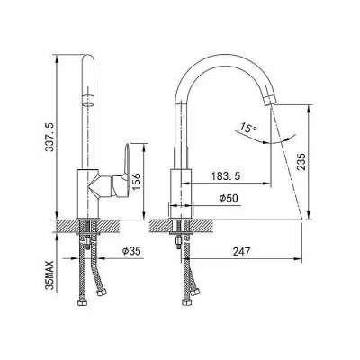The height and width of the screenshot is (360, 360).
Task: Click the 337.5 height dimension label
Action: (x=49, y=137)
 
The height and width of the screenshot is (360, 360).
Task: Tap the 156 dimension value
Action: (x=137, y=181)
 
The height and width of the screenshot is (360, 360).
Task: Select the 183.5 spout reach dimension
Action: (x=225, y=176)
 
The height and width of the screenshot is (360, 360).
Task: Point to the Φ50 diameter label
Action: (x=229, y=198)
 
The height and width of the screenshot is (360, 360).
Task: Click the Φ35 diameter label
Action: (x=131, y=251)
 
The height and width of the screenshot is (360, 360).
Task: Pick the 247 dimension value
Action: (x=241, y=251)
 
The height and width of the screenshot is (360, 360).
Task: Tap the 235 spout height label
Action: (x=301, y=162)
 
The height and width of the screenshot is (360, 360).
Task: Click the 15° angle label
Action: (x=247, y=128)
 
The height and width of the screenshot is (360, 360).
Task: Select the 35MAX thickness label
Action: (x=49, y=274)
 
